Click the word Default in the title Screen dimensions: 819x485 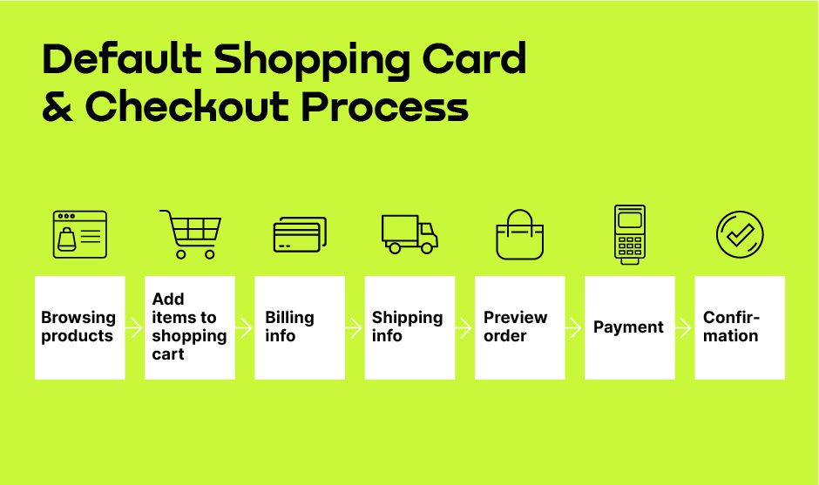click(122, 58)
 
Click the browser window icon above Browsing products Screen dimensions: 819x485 click(80, 234)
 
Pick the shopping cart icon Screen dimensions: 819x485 click(191, 234)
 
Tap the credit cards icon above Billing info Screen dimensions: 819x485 click(300, 234)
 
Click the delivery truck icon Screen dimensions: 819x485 click(409, 234)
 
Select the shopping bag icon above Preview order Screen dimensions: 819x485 click(519, 234)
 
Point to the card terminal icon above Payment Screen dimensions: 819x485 click(630, 234)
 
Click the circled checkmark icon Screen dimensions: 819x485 click(740, 234)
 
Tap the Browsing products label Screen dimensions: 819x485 click(78, 327)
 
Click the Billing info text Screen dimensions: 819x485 click(289, 327)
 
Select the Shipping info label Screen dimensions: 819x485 click(408, 327)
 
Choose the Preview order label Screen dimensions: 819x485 click(516, 327)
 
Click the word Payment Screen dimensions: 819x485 click(628, 327)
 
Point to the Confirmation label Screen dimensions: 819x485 click(731, 327)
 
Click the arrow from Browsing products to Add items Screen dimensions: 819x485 click(134, 328)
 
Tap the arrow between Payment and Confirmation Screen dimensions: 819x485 click(684, 328)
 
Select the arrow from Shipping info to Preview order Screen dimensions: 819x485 click(464, 328)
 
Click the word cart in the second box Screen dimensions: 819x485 click(168, 354)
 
